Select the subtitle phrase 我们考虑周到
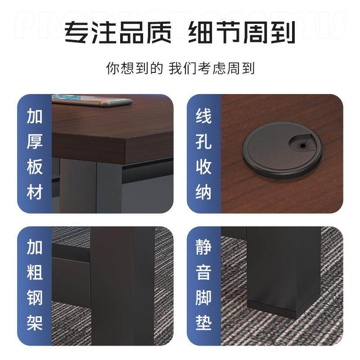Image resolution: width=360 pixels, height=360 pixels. pos(212,68)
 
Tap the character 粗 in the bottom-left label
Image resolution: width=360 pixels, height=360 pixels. pos(35,273)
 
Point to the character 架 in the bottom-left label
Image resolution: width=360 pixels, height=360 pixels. pos(35,323)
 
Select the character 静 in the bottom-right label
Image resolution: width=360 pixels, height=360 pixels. pos(203,248)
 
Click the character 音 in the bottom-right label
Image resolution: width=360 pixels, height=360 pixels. pos(203,273)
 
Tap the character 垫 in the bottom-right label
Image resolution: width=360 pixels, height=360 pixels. pos(203,323)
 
